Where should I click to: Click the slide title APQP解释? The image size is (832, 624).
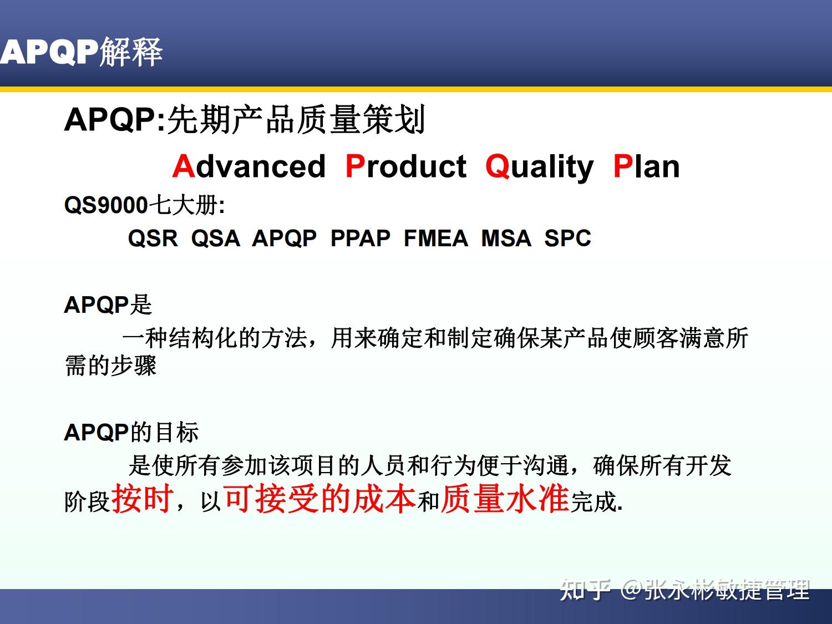point(82,52)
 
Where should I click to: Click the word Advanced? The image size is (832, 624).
point(248,166)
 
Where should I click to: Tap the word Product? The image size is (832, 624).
point(405,166)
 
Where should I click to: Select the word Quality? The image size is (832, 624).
point(539,166)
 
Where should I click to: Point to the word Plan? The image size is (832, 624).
point(646,166)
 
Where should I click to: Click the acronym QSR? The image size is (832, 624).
point(153,239)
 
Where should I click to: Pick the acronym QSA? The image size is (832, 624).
point(215,239)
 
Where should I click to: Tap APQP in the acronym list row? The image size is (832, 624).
point(284,239)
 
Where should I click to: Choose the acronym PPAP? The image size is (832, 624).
point(360,239)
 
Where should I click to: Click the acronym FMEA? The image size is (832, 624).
point(435,239)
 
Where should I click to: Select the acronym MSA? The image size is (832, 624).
point(506,239)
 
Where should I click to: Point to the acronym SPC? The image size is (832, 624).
point(567,239)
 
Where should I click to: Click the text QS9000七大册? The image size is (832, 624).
point(144,206)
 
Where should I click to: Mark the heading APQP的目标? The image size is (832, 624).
point(131,432)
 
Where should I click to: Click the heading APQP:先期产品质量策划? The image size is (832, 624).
point(245,119)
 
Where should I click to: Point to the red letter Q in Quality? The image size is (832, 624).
point(497,166)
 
